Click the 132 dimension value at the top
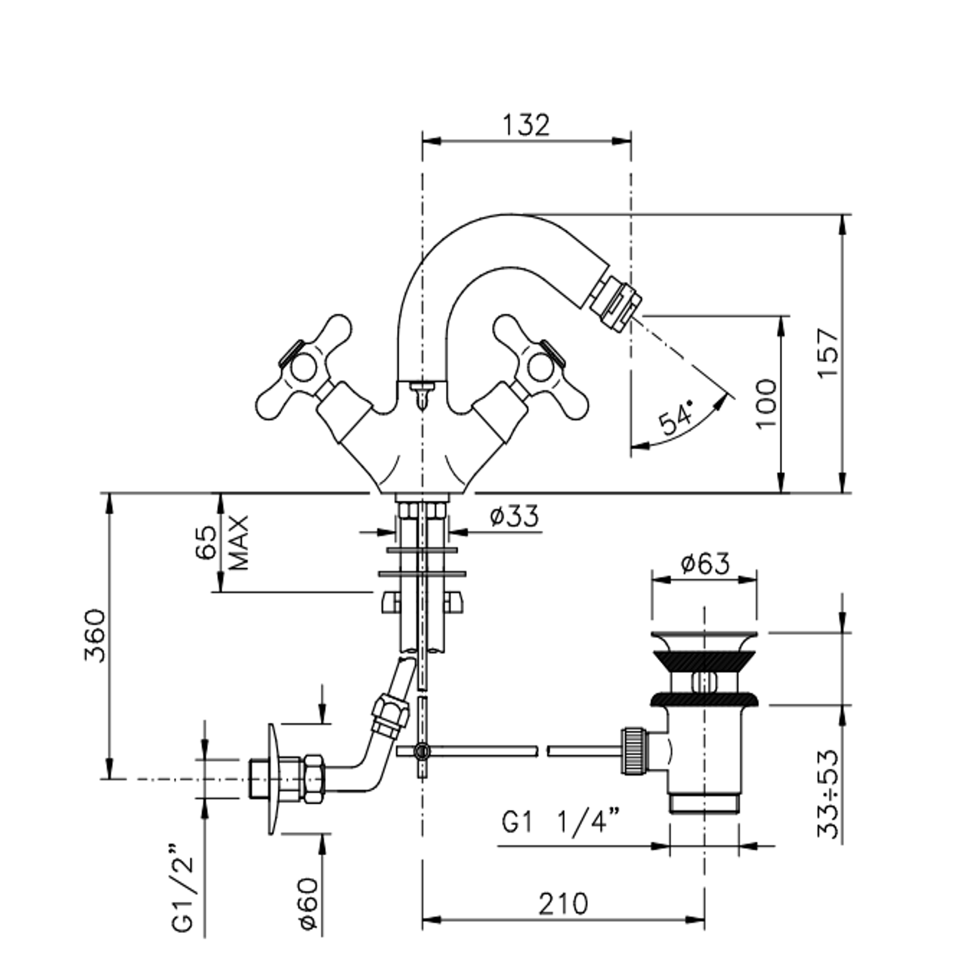coord(526,125)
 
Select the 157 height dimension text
coord(828,353)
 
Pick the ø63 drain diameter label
coord(705,564)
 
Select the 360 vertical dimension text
coord(95,636)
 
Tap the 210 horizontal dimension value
coord(563,904)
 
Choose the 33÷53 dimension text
coord(828,793)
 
